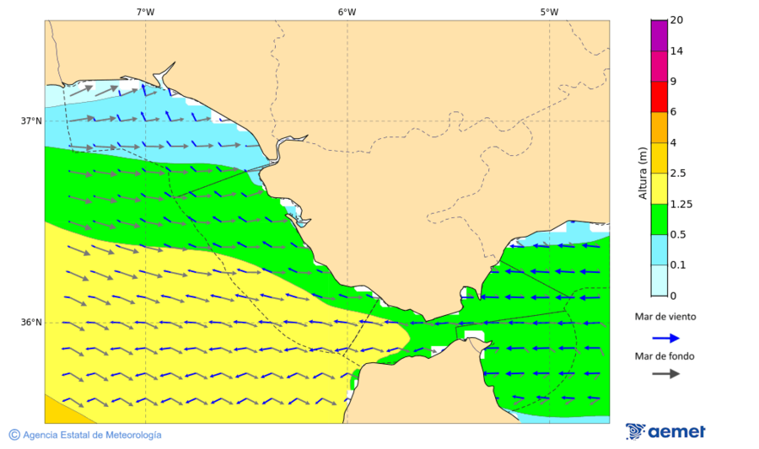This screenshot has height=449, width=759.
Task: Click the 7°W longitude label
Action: [x=145, y=12]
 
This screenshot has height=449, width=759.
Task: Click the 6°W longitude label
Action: [x=347, y=12]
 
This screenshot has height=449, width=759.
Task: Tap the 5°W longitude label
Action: [x=549, y=12]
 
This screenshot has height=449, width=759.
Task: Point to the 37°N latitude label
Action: [x=31, y=120]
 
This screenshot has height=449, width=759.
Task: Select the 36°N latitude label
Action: [x=31, y=323]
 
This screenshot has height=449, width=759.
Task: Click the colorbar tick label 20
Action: [x=676, y=20]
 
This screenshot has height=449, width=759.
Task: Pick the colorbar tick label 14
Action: [x=676, y=51]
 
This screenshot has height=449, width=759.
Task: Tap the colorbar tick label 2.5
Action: [x=677, y=174]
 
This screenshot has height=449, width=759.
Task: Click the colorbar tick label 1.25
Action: [x=680, y=204]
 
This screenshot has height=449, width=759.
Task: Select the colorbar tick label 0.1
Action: [x=677, y=265]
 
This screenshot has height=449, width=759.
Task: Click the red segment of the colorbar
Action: [x=659, y=96]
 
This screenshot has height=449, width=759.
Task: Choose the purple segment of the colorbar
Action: [x=659, y=35]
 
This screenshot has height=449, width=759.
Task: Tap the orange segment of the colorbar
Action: [x=659, y=127]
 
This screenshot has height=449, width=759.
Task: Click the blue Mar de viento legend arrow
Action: [x=665, y=338]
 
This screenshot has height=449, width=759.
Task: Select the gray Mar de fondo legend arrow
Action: [x=665, y=373]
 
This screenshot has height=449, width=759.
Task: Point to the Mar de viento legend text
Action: [x=665, y=317]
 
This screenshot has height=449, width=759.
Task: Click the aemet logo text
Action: [x=676, y=431]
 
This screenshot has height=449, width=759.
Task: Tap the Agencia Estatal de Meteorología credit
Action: [x=92, y=435]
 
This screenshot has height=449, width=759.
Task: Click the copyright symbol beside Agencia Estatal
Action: [x=14, y=435]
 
